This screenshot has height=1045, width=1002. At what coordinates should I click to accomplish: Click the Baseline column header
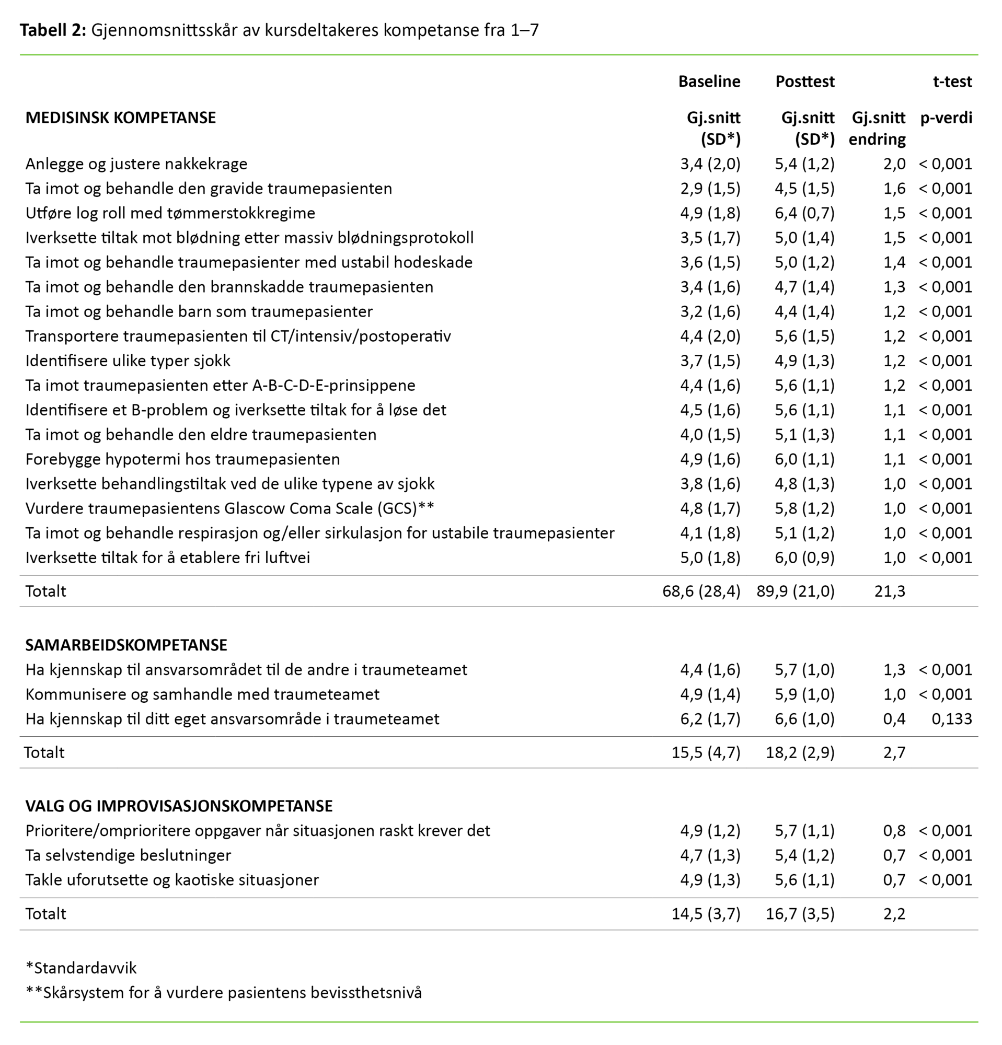click(x=709, y=82)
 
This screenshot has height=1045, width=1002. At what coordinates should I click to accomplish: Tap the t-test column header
click(x=952, y=82)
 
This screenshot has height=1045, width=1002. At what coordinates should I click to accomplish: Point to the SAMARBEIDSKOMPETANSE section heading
click(x=126, y=645)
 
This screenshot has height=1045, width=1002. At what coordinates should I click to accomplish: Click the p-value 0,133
click(x=951, y=719)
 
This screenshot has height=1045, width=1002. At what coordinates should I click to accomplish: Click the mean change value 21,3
click(x=890, y=591)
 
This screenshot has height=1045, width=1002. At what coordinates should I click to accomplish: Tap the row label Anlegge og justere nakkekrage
click(x=136, y=164)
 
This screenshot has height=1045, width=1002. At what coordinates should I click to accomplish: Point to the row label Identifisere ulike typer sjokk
click(x=128, y=361)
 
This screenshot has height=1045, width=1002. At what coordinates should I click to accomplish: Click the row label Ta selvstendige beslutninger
click(x=129, y=855)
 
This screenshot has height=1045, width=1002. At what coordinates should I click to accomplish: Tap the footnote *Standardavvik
click(x=81, y=968)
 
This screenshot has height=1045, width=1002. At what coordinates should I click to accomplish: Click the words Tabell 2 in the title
click(x=52, y=30)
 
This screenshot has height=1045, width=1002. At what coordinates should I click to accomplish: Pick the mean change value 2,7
click(x=894, y=752)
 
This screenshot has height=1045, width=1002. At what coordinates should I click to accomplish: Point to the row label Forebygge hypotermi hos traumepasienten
click(x=182, y=459)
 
